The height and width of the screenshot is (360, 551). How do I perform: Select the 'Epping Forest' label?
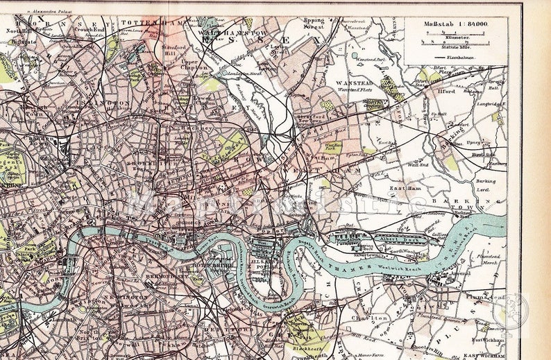[x=314, y=26]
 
